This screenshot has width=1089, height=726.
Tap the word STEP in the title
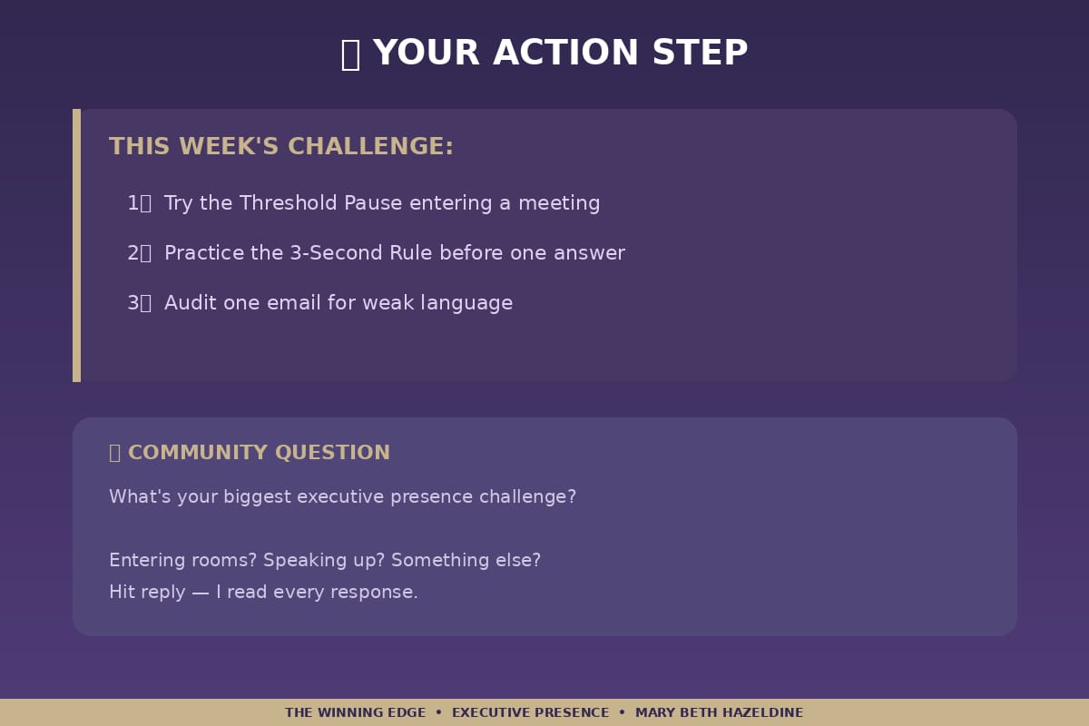700,53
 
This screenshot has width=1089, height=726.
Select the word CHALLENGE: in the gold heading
370,146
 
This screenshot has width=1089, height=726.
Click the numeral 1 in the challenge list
132,202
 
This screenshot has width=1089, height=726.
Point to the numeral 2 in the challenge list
132,253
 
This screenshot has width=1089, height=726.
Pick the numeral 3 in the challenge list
132,303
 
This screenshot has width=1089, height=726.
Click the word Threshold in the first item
288,202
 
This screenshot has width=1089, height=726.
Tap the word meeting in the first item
559,203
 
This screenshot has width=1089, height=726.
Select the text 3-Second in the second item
336,253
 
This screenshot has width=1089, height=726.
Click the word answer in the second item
589,254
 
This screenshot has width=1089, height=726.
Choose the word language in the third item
466,303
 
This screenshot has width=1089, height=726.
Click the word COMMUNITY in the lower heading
198,452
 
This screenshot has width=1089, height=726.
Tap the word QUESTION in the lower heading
332,453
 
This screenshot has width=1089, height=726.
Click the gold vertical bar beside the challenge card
77,246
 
